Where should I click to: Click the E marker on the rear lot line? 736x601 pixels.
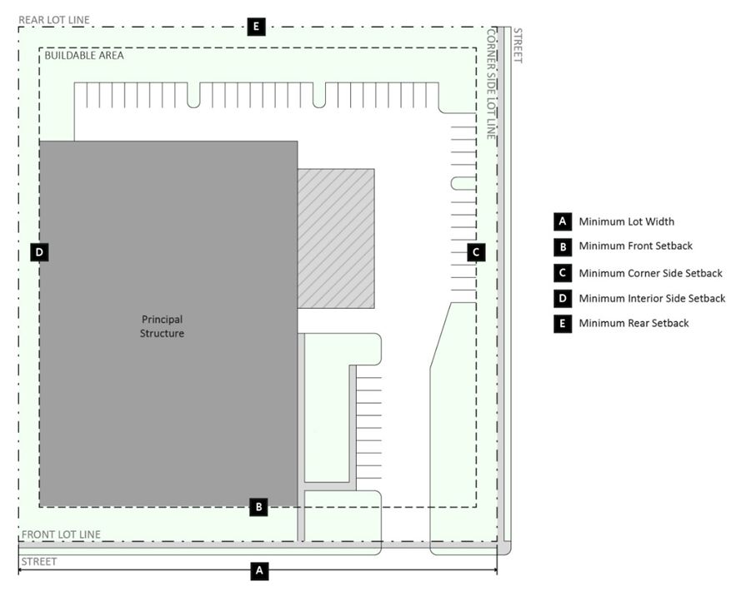coord(256,27)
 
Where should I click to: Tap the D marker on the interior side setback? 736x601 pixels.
coord(39,252)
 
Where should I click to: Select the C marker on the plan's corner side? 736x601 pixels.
coord(476,252)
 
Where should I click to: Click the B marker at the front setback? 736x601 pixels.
coord(258,507)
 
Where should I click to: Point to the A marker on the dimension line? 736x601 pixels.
coord(259,571)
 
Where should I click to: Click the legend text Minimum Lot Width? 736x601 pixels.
coord(626,221)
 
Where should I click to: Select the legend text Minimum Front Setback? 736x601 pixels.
coord(635,246)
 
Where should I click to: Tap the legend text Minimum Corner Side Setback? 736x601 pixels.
coord(651,273)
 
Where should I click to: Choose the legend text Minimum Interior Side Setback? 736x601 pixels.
coord(652,298)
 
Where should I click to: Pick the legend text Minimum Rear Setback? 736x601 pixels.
coord(633,323)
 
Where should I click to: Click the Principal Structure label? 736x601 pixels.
coord(162,326)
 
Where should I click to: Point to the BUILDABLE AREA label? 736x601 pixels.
coord(84,55)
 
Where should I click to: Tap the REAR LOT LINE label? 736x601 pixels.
coord(54,20)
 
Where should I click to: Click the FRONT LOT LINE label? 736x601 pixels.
coord(61,534)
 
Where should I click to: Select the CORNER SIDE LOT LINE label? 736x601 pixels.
coord(491,84)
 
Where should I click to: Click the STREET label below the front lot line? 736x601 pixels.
coord(39,562)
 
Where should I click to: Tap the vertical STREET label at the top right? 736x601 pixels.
coord(518,46)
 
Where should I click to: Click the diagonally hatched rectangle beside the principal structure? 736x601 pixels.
coord(336,239)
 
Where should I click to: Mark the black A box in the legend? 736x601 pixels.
coord(563,221)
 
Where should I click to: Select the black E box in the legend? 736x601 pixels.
coord(563,324)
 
